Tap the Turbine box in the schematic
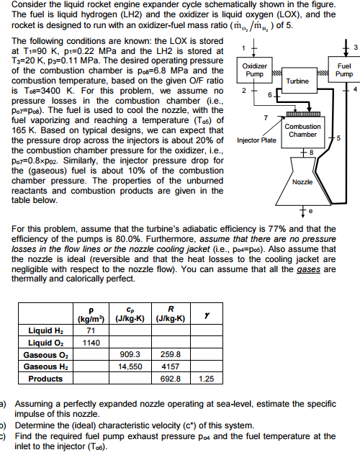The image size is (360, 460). (x=297, y=82)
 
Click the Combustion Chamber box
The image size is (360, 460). (x=302, y=131)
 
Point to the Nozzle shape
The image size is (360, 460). (x=302, y=182)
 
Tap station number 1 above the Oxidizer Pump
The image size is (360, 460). (x=243, y=48)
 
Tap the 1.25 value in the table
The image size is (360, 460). (x=206, y=379)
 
